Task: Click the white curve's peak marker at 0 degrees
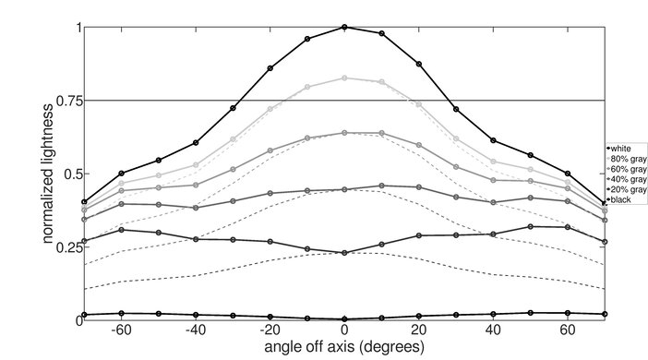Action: click(x=344, y=27)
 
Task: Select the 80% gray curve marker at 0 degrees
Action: click(x=344, y=78)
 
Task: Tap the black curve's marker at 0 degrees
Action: click(x=344, y=318)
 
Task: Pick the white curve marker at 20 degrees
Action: click(x=419, y=64)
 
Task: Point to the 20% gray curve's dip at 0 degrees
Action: click(x=344, y=252)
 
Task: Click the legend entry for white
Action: click(x=620, y=149)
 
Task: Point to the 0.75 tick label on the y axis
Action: click(x=64, y=100)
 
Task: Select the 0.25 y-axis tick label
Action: click(x=64, y=246)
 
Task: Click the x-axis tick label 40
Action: click(x=494, y=331)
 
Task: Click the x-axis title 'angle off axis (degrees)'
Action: click(x=344, y=348)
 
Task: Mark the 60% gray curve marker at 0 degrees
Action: click(x=344, y=133)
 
